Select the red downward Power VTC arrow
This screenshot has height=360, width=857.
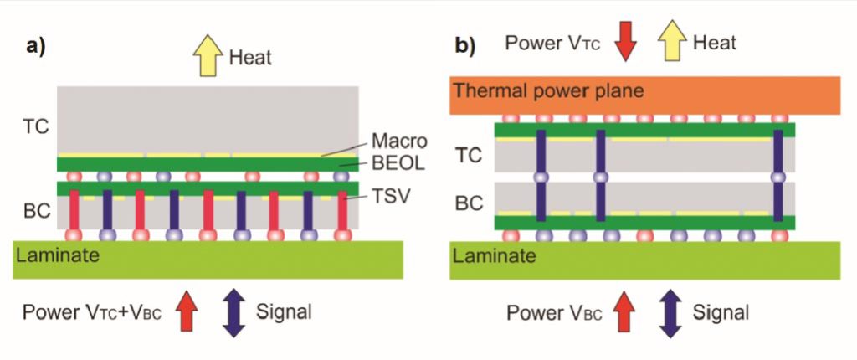pyautogui.click(x=625, y=43)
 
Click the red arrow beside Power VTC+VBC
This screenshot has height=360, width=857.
pyautogui.click(x=187, y=311)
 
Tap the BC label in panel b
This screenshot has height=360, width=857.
pyautogui.click(x=469, y=202)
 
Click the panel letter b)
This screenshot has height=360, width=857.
pyautogui.click(x=464, y=44)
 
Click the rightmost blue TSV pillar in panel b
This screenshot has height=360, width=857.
pyautogui.click(x=778, y=176)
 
